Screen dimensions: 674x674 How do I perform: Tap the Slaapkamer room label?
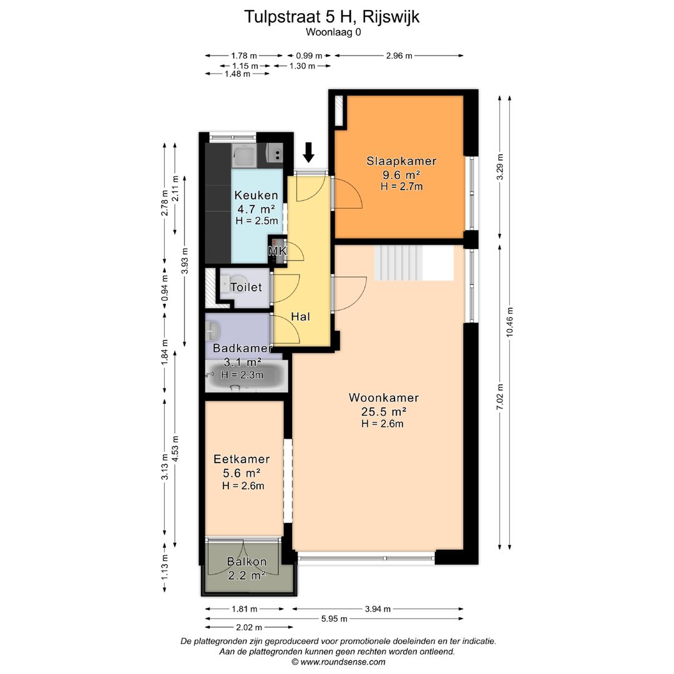[401, 161]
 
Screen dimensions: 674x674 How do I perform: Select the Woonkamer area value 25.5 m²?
[383, 411]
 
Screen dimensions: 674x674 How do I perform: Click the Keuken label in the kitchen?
[256, 196]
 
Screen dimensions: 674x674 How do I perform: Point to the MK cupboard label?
[276, 252]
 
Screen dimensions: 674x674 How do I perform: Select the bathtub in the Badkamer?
[247, 376]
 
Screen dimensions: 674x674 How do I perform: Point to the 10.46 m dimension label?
[510, 323]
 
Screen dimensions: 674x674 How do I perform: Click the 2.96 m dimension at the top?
[399, 56]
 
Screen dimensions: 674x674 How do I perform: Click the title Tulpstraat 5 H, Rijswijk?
[331, 17]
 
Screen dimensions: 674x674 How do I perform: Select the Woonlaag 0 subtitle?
[333, 32]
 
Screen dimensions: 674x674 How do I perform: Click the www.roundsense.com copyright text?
[338, 662]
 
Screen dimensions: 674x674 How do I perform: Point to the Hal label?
[300, 317]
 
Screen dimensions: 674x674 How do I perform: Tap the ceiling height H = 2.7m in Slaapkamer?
[401, 186]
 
